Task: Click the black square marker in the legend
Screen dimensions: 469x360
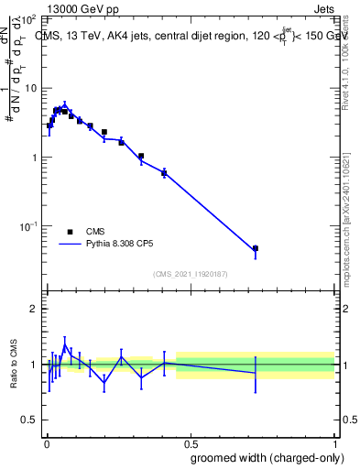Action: pyautogui.click(x=70, y=232)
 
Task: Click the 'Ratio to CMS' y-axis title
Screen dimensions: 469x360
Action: pyautogui.click(x=15, y=365)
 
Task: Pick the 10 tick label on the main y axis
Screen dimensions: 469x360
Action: pyautogui.click(x=30, y=88)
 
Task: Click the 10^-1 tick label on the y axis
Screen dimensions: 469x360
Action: pyautogui.click(x=27, y=225)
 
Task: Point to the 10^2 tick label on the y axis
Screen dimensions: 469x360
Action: pyautogui.click(x=27, y=19)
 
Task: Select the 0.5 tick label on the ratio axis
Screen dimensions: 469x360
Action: pyautogui.click(x=28, y=420)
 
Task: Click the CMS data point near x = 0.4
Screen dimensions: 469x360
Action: pyautogui.click(x=164, y=172)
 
